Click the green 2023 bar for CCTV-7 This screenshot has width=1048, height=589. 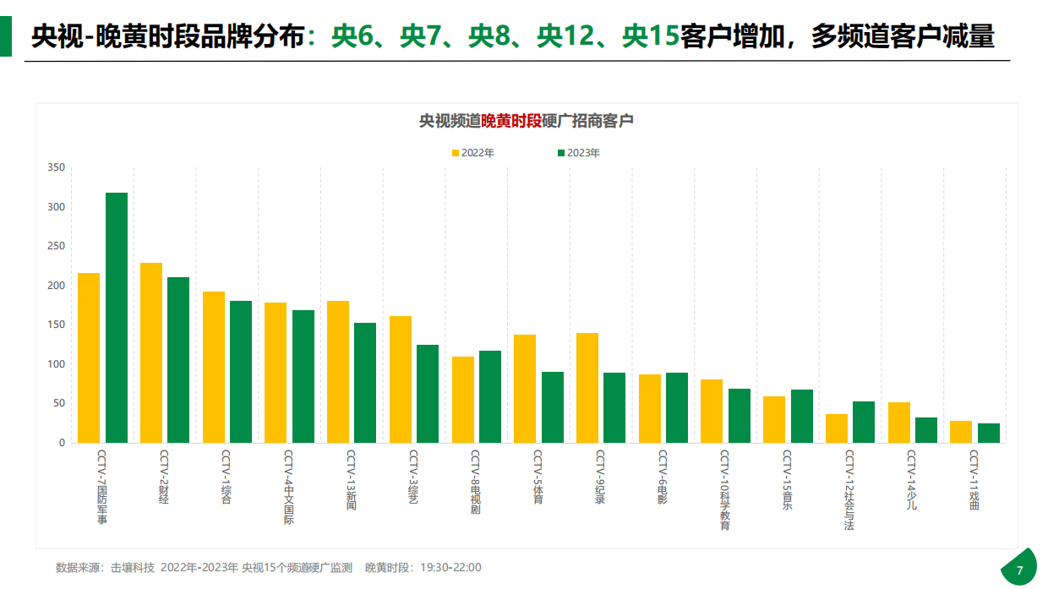[117, 317]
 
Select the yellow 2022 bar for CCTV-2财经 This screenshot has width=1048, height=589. [151, 352]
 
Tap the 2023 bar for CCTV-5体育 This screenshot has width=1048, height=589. [553, 406]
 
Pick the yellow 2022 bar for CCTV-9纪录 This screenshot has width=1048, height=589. [587, 387]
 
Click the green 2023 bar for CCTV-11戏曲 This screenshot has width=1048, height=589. [989, 433]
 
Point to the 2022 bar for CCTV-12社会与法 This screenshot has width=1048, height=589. [837, 428]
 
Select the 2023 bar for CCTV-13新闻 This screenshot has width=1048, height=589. [365, 382]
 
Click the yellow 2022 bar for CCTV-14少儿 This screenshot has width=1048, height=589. [899, 422]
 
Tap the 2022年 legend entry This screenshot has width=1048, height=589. [472, 153]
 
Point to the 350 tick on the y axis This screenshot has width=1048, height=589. [56, 167]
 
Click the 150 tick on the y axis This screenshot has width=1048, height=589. [56, 324]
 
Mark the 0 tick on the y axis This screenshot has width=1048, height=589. [62, 443]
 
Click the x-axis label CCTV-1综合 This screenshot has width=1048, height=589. [227, 477]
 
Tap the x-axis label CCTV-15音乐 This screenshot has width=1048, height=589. [787, 479]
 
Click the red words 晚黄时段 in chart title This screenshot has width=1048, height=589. [511, 121]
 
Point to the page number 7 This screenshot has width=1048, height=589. [1019, 570]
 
